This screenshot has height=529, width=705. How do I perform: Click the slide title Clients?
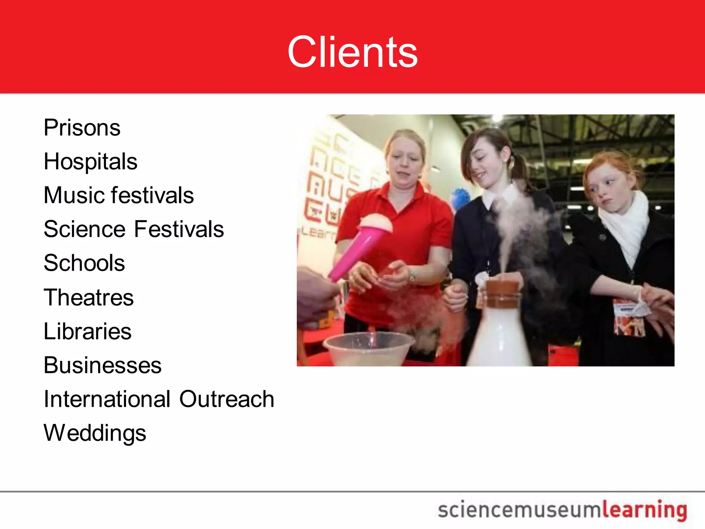(x=352, y=52)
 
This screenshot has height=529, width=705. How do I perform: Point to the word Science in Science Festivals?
(x=85, y=229)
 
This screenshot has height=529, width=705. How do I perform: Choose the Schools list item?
(x=84, y=263)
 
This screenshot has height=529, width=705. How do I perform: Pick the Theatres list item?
(x=88, y=297)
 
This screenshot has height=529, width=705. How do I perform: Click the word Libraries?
(x=87, y=331)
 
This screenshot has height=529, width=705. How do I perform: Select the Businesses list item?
(x=102, y=365)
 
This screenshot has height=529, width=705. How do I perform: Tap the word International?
(x=107, y=399)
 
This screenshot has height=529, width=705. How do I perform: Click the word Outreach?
(x=227, y=399)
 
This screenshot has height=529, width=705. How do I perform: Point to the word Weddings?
(x=95, y=433)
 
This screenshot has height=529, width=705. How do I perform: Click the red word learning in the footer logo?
(x=644, y=510)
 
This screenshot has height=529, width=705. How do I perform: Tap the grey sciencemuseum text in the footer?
(x=519, y=510)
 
